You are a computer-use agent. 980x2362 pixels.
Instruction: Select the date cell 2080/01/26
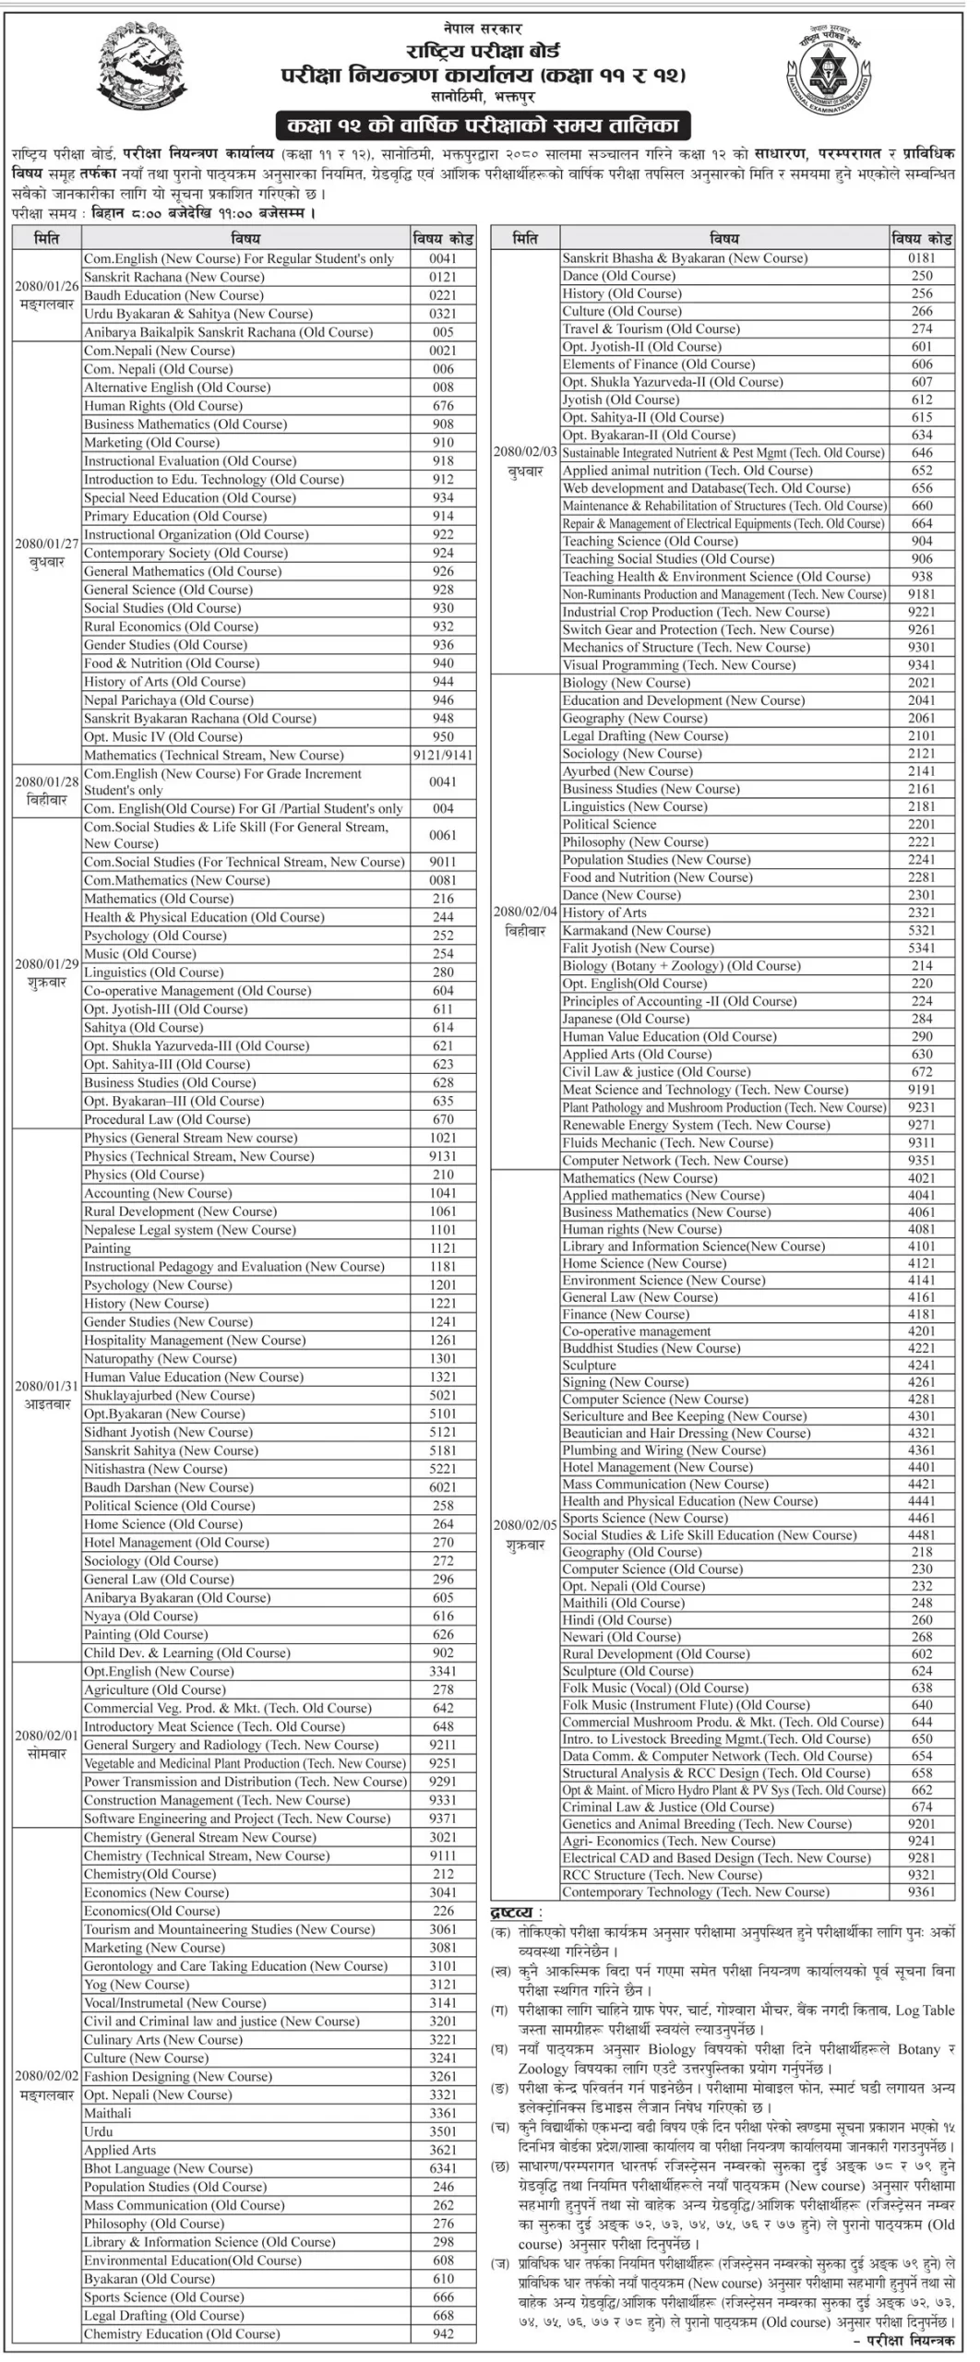point(46,295)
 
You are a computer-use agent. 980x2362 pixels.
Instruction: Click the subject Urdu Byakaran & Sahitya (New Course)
point(198,314)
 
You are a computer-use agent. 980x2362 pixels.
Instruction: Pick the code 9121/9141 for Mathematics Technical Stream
point(443,755)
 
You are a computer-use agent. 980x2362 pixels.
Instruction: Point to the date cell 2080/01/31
point(46,1394)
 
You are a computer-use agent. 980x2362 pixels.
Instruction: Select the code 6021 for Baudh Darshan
point(443,1486)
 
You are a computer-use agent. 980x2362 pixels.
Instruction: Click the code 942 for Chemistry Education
point(443,2333)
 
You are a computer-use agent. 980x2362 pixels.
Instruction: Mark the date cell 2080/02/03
point(525,461)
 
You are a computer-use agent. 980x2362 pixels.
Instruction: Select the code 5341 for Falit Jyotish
point(921,948)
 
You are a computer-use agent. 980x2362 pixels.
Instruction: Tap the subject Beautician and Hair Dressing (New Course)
point(686,1433)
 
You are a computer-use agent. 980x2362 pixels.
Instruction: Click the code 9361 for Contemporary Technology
point(921,1891)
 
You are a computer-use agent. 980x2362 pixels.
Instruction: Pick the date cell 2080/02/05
point(525,1534)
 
